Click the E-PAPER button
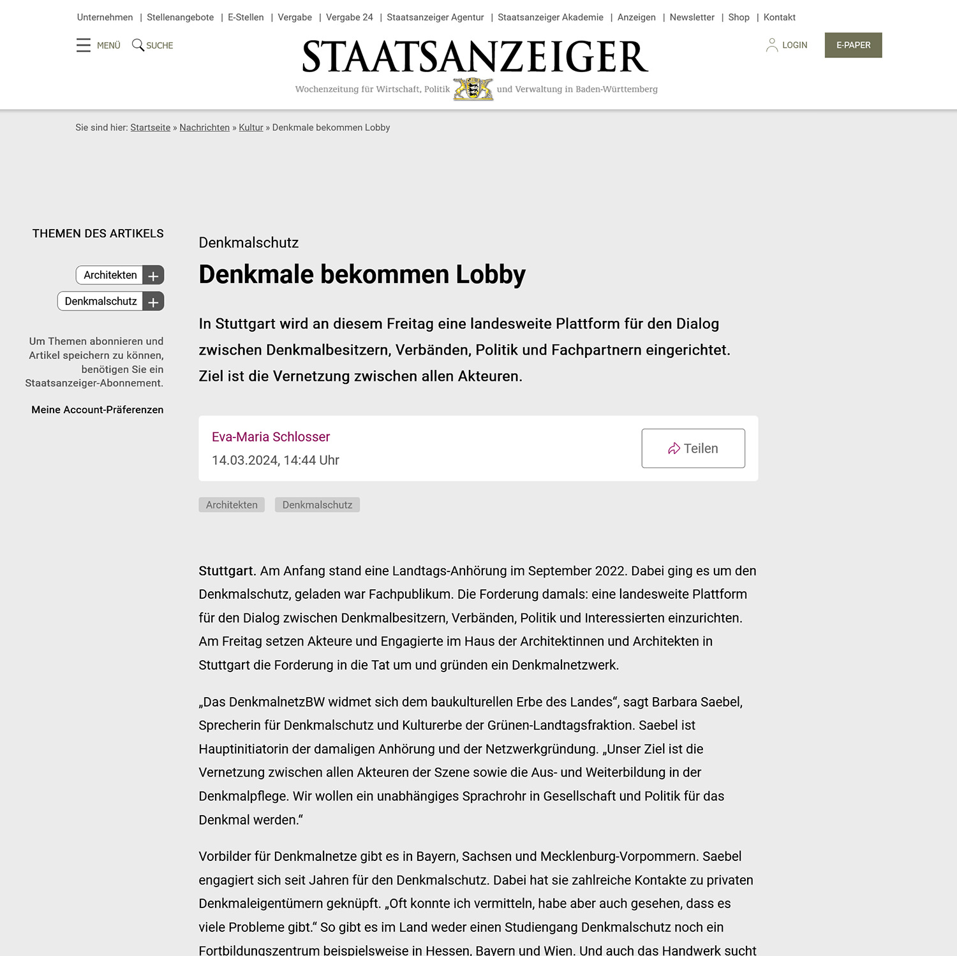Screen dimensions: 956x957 853,45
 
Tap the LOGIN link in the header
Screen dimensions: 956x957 787,45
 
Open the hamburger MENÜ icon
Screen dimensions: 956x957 84,45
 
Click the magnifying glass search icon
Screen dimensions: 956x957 138,45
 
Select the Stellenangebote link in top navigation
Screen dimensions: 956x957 180,17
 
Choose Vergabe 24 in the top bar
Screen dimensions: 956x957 349,17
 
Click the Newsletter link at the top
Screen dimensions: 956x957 692,17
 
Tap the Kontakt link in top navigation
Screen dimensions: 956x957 779,17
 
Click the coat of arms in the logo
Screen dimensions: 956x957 473,89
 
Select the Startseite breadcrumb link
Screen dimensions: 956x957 150,128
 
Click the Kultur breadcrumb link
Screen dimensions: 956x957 251,128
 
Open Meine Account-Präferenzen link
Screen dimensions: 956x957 98,409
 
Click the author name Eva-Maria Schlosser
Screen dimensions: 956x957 271,437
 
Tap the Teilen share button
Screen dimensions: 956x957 693,448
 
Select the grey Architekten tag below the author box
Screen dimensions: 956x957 232,505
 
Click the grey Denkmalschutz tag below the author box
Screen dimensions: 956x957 317,505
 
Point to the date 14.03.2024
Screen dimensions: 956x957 245,460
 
